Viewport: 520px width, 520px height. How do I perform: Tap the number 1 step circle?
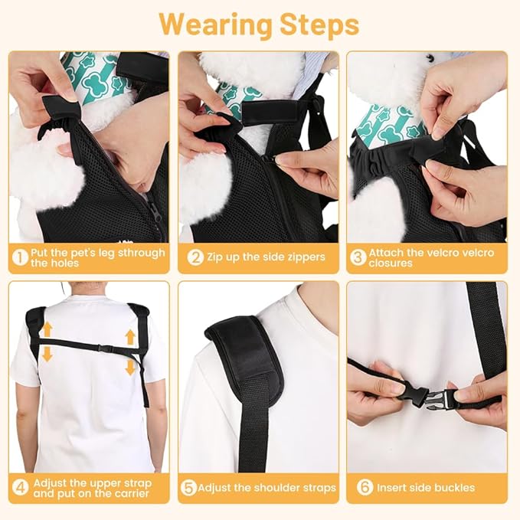[x=20, y=257]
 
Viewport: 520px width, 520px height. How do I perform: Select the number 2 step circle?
[x=195, y=257]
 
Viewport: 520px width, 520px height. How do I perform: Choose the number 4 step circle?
[x=20, y=487]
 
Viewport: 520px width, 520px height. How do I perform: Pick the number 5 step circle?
[x=188, y=487]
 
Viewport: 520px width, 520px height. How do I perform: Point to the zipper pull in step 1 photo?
[x=156, y=211]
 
